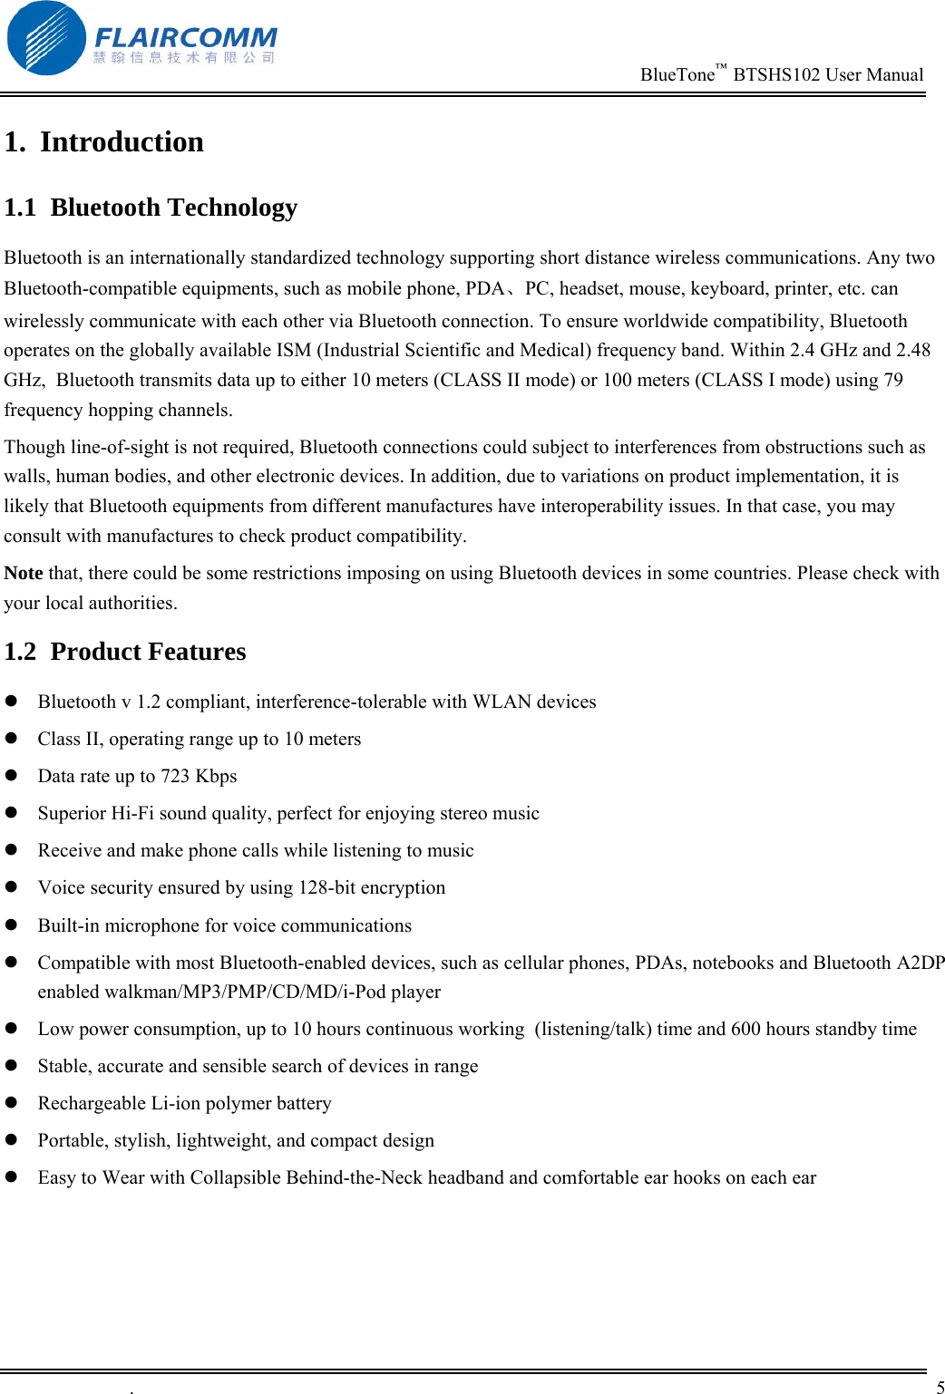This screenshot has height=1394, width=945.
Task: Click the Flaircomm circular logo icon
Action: tap(45, 38)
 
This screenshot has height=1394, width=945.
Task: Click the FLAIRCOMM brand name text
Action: tap(185, 38)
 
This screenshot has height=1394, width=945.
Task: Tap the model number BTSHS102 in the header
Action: tap(776, 75)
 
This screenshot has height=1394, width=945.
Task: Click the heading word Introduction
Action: tap(122, 142)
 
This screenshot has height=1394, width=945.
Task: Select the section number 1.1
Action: tap(20, 208)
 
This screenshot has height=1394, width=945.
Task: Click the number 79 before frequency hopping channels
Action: tap(893, 380)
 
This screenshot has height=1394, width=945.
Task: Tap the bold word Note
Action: tap(24, 573)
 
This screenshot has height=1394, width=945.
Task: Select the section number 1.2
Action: tap(20, 652)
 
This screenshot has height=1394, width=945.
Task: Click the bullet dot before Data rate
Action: tap(12, 776)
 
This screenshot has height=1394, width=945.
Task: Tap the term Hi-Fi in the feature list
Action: tap(132, 813)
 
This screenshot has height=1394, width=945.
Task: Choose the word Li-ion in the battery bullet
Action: tap(174, 1103)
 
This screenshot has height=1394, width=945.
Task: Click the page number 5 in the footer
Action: tap(940, 1387)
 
